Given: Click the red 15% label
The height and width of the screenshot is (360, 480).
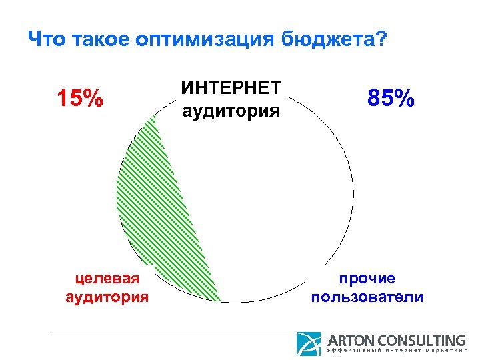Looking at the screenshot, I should (79, 99).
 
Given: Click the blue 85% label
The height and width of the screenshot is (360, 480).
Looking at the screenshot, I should (391, 99).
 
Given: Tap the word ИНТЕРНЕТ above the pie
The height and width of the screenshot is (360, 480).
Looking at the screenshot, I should (231, 88).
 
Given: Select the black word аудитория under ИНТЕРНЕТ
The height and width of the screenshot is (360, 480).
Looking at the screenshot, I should (231, 109).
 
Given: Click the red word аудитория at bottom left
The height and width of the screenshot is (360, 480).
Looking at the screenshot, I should (107, 296).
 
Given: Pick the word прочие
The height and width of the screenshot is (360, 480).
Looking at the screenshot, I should (367, 278).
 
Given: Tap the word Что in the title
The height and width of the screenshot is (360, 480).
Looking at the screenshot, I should (46, 41).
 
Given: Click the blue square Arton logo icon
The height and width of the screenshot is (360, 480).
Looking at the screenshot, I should (309, 343).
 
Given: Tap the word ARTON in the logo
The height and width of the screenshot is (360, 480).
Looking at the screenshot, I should (351, 340).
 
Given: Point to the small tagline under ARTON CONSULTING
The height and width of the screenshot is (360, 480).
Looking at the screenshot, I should (396, 351).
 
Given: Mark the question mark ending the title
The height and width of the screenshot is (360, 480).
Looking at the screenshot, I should (380, 41).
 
